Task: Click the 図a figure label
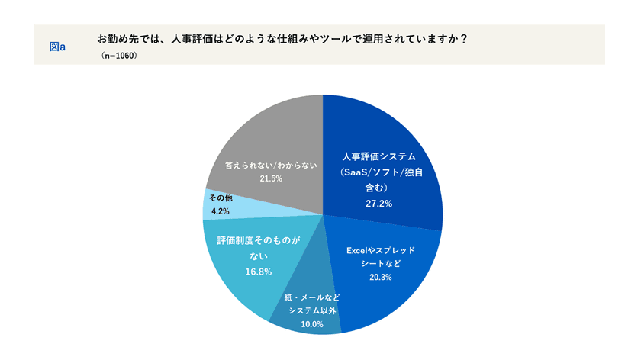pyautogui.click(x=57, y=47)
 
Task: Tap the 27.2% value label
pyautogui.click(x=378, y=204)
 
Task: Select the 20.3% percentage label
pyautogui.click(x=378, y=276)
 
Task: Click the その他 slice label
pyautogui.click(x=222, y=198)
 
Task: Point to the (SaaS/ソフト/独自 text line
pyautogui.click(x=378, y=172)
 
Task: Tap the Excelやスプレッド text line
pyautogui.click(x=378, y=249)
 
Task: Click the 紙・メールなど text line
pyautogui.click(x=312, y=296)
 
